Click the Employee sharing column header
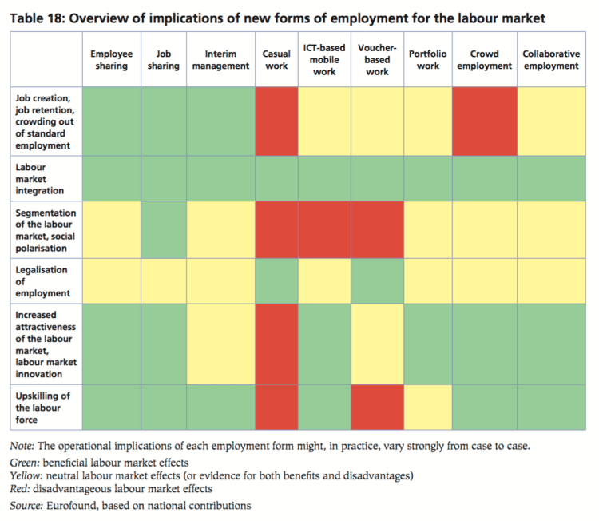(112, 60)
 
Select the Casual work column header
(276, 60)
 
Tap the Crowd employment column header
(484, 60)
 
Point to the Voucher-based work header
(377, 60)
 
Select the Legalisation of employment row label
(42, 281)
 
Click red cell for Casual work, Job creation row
(276, 121)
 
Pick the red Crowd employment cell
(484, 121)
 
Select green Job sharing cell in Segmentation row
(164, 231)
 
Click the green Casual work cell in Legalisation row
(276, 281)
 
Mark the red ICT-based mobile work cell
(324, 231)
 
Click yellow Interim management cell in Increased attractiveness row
(220, 344)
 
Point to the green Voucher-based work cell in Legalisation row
(377, 281)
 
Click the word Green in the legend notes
(23, 463)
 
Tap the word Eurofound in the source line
(69, 505)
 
